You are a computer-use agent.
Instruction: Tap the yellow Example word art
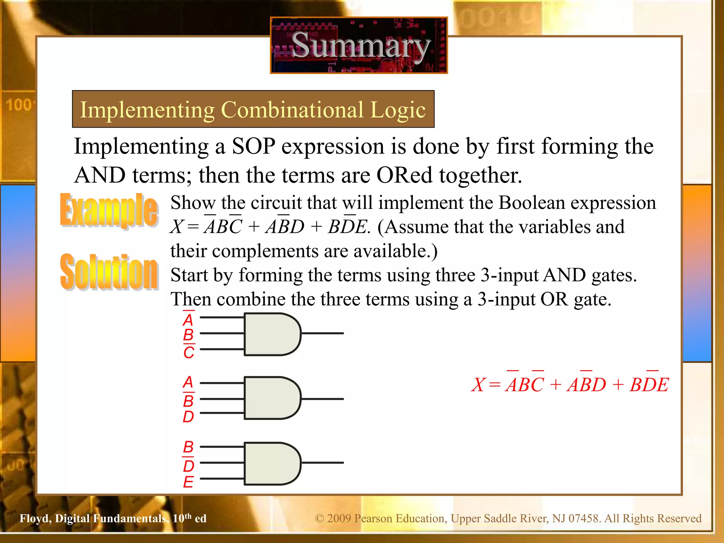[109, 210]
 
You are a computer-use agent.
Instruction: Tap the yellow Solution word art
[109, 271]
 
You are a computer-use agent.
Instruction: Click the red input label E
[188, 482]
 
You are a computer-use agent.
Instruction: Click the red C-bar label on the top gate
[189, 352]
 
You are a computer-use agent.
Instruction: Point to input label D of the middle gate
[188, 417]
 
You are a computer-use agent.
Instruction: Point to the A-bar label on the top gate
[188, 320]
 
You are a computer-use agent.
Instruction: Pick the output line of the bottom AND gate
[322, 462]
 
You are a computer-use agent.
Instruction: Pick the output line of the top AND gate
[322, 333]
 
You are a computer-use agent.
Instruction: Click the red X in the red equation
[479, 385]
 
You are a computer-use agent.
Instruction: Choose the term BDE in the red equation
[649, 385]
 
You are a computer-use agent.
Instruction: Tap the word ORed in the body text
[404, 175]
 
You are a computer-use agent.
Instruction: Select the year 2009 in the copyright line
[339, 518]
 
